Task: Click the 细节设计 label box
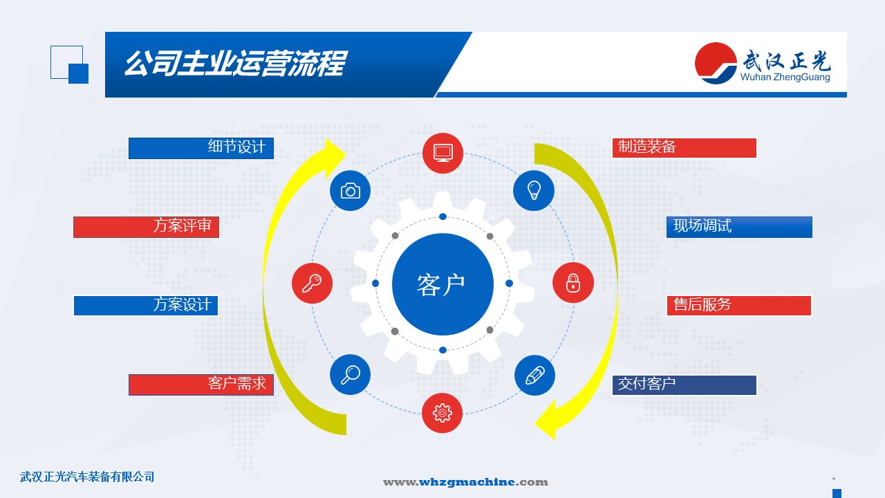click(x=201, y=148)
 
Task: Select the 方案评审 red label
click(x=146, y=227)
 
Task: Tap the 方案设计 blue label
click(x=146, y=306)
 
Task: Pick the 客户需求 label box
click(x=201, y=385)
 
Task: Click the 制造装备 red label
click(x=684, y=148)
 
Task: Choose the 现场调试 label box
click(x=739, y=227)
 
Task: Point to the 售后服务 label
click(x=739, y=306)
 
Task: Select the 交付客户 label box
click(x=684, y=385)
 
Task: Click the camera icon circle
click(x=350, y=190)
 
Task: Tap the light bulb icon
click(x=534, y=190)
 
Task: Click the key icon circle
click(x=312, y=283)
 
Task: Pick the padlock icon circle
click(x=573, y=283)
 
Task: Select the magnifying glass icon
click(x=350, y=375)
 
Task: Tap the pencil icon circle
click(x=534, y=375)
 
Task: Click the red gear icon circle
click(x=442, y=413)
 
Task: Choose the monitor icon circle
click(x=443, y=154)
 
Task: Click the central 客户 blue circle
click(x=442, y=284)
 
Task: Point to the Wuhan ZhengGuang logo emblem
click(x=716, y=63)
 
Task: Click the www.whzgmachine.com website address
click(x=465, y=482)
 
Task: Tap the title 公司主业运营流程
click(x=236, y=63)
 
